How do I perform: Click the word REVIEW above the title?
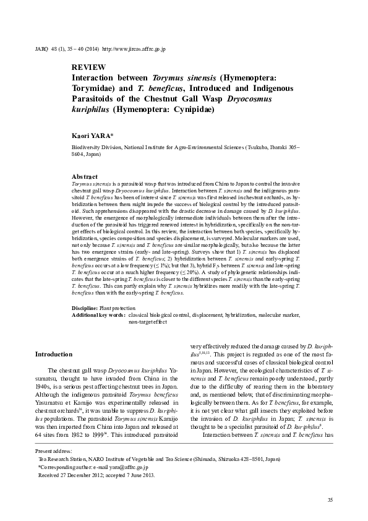[x=88, y=67]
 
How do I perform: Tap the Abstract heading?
[x=85, y=176]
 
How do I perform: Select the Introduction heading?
[x=54, y=354]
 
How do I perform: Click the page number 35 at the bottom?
[x=330, y=499]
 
